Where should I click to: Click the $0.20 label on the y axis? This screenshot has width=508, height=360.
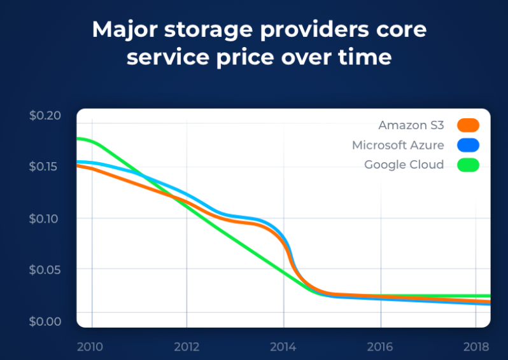[x=45, y=115]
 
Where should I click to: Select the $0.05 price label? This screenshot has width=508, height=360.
[x=45, y=269]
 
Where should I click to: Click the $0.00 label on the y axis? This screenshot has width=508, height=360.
[x=45, y=321]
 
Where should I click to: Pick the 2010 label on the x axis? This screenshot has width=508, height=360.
[x=90, y=347]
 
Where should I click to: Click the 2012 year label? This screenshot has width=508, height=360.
[x=187, y=347]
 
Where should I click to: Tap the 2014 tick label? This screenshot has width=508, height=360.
[x=283, y=347]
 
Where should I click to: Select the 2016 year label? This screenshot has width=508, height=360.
[x=379, y=347]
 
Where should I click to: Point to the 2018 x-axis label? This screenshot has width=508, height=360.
[x=476, y=347]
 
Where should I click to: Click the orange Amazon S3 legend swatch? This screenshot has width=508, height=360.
[x=468, y=125]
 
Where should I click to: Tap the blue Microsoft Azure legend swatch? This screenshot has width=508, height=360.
[x=468, y=145]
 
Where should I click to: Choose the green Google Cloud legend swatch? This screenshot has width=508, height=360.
[x=468, y=165]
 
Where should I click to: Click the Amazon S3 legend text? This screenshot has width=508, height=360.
[x=411, y=125]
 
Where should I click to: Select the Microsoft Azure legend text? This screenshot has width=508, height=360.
[x=398, y=145]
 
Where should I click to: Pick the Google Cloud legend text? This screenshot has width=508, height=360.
[x=404, y=165]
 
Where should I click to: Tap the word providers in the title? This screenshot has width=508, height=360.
[x=314, y=30]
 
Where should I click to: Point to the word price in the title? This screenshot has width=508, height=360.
[x=245, y=58]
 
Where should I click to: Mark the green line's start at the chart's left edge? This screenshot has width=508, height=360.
[x=77, y=139]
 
